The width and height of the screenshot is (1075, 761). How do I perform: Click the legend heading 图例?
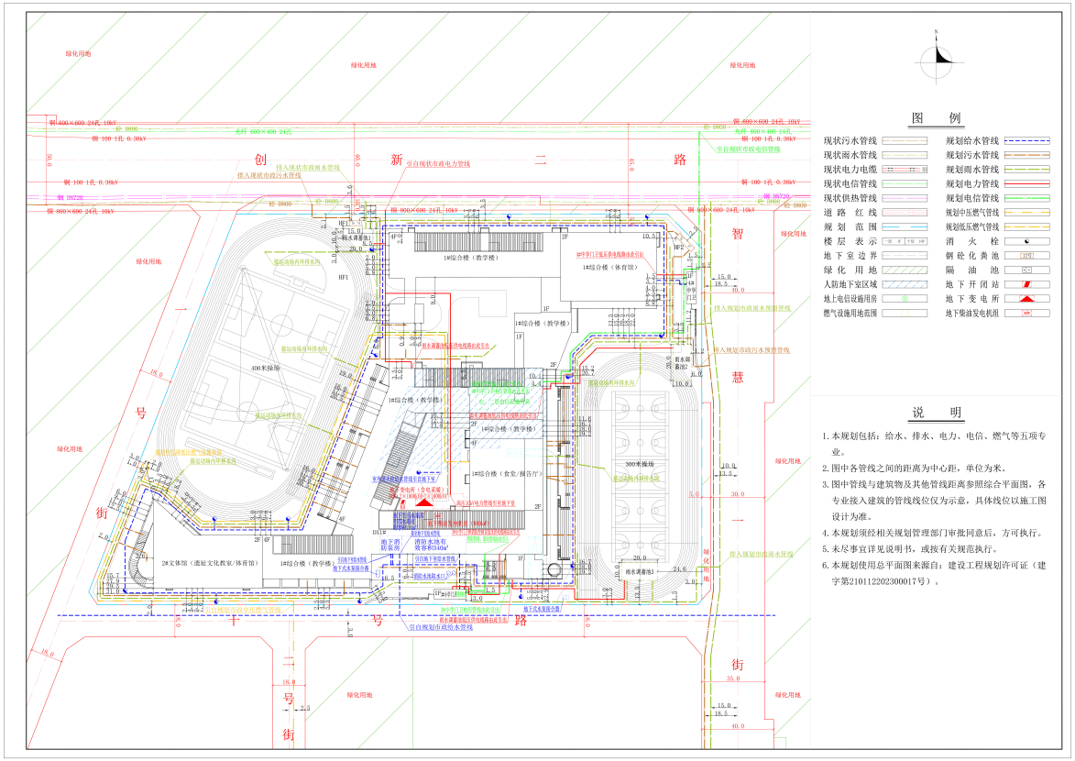[x=937, y=118]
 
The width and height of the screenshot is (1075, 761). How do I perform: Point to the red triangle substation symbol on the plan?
[x=424, y=502]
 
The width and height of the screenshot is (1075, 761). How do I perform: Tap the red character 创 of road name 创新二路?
[x=259, y=159]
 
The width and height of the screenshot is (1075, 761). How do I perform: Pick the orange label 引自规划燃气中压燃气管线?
[x=248, y=609]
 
